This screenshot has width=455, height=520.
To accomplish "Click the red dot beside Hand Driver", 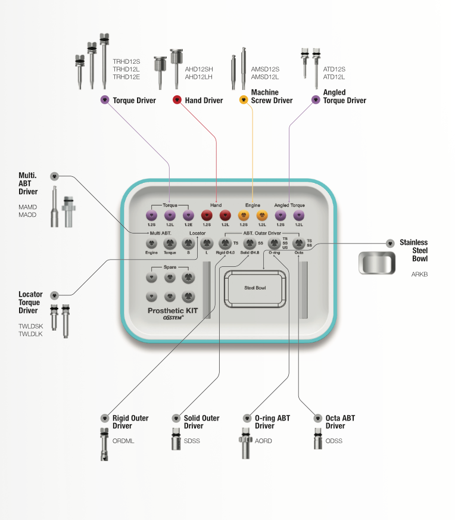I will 177,100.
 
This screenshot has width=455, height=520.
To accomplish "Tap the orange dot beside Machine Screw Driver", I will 243,100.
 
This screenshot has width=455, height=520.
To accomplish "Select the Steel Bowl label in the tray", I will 255,288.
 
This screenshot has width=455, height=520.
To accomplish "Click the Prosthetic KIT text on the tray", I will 173,311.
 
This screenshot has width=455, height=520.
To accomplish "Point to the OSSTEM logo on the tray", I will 173,319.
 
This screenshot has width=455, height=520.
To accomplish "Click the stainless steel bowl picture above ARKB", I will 377,262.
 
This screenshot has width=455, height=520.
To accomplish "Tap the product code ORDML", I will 123,441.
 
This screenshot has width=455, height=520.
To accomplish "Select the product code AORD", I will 263,441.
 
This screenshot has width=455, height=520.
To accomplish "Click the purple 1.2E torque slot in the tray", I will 189,215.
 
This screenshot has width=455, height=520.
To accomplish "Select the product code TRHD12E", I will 126,77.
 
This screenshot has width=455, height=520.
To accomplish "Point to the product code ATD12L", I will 334,77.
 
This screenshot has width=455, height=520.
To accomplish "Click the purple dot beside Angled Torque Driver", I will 316,100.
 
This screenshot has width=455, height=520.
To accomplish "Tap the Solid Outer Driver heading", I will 201,422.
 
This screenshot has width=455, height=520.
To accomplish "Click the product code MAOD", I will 27,214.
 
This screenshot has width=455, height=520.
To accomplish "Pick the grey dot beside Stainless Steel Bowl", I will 390,243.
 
